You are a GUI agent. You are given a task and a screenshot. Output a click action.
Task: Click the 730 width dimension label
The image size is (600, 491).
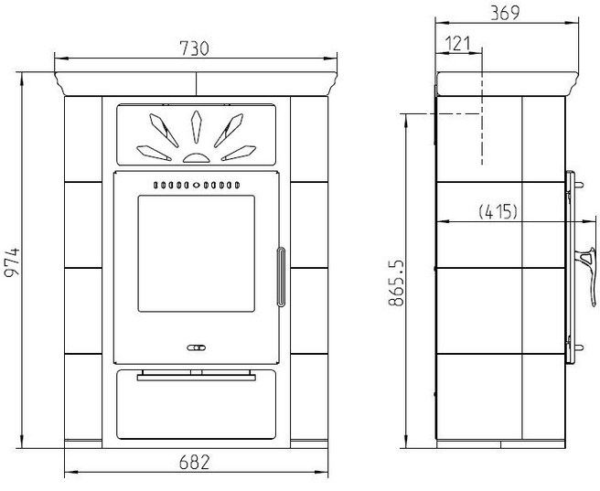(x=195, y=48)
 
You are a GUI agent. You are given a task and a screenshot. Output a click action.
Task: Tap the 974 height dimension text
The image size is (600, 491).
(x=12, y=262)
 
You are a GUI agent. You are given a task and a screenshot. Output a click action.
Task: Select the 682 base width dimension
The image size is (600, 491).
(x=195, y=463)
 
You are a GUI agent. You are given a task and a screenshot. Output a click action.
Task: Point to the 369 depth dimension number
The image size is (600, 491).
(x=505, y=13)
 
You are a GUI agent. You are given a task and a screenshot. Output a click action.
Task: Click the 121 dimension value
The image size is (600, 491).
(x=458, y=44)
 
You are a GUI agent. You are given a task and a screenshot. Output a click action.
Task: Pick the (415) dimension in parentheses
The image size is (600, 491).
(x=498, y=211)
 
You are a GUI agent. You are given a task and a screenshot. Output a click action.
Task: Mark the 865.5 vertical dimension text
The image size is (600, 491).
(x=396, y=283)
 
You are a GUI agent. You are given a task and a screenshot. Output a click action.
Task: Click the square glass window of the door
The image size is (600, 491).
(x=197, y=253)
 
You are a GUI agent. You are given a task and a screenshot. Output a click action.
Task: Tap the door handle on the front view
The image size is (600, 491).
(x=282, y=277)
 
